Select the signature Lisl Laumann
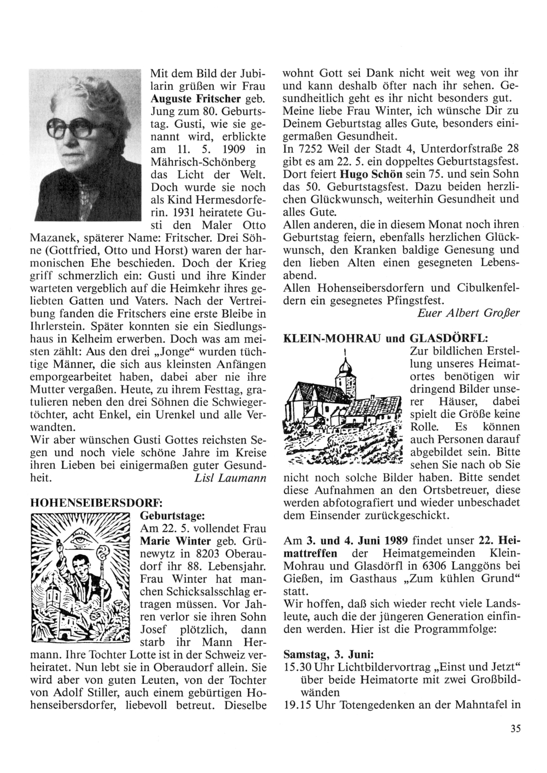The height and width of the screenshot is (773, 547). (230, 478)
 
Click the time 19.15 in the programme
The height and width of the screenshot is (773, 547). (298, 705)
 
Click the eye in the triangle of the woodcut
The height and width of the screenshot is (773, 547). (82, 538)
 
